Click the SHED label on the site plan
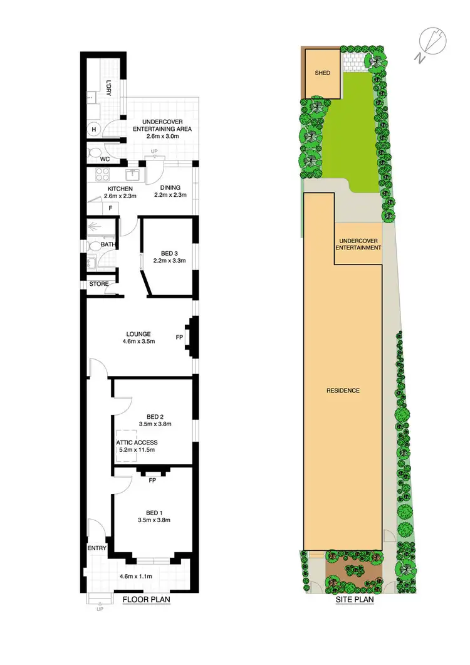(322, 73)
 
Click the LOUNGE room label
(138, 333)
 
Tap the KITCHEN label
(120, 189)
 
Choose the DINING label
(170, 187)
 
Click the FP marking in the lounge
(180, 337)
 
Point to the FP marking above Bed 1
(152, 481)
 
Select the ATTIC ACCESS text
(137, 442)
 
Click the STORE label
(99, 284)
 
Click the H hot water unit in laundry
(94, 130)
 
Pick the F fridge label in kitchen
(110, 207)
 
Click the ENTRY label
(97, 548)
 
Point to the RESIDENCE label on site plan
(343, 391)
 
